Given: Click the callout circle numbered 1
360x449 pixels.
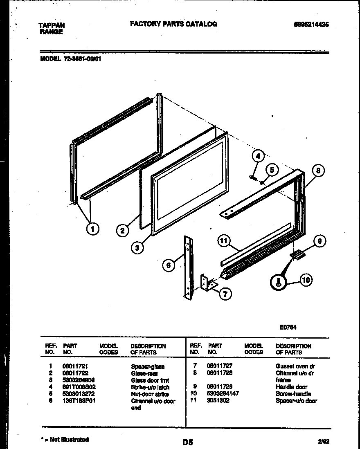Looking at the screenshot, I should (x=93, y=229).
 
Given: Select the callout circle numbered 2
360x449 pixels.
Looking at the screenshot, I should (x=122, y=231).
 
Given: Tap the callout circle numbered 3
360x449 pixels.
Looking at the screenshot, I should (x=138, y=247).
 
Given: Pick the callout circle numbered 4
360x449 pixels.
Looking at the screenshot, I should (x=257, y=155).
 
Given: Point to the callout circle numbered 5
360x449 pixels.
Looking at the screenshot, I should (x=272, y=169).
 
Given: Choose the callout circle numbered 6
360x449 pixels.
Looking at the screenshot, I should (x=169, y=265).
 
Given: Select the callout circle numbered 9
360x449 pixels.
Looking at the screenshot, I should (x=319, y=241).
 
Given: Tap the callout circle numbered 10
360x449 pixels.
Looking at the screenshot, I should (x=305, y=280).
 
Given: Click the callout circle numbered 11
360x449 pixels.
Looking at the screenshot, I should (x=223, y=241).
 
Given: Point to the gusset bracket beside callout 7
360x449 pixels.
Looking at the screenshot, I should (x=208, y=283).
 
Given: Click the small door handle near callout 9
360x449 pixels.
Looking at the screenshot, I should (x=297, y=255).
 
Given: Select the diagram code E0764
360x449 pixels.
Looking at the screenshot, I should (x=288, y=327).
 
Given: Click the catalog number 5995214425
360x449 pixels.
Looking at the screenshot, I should (x=311, y=25).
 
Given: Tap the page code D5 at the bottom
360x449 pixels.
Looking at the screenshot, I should (x=187, y=442).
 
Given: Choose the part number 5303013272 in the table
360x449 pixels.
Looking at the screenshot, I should (x=79, y=394).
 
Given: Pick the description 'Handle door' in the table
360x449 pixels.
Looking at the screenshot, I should (x=291, y=387).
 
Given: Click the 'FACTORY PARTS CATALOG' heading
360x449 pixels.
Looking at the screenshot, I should (x=173, y=24).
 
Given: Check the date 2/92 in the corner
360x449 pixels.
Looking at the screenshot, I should (x=323, y=441).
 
